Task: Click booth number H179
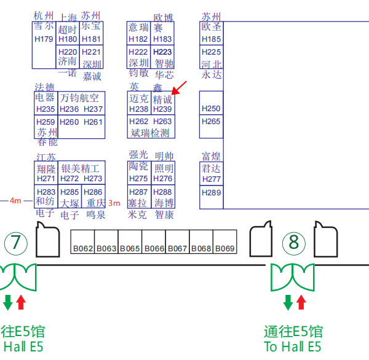coord(45,39)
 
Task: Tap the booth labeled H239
coord(162,109)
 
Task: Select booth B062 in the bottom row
coord(82,248)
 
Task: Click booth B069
coord(225,248)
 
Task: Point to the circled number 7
coord(16,242)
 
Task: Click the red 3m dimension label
coord(114,203)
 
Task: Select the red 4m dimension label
coord(15,201)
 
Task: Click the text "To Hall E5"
coord(293,346)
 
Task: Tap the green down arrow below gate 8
coord(288,302)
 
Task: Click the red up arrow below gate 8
coord(301,302)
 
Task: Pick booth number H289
coord(211,192)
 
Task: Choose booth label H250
coord(211,109)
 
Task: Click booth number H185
coord(211,39)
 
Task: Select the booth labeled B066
coord(154,248)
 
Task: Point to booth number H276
coord(162,179)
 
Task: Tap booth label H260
coord(69,122)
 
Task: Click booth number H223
coord(162,52)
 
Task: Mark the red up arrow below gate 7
coord(21,302)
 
